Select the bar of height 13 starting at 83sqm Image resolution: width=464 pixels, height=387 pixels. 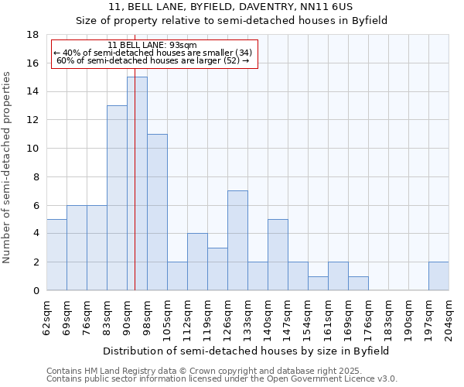(117, 198)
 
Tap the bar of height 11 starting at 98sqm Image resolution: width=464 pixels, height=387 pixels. (157, 212)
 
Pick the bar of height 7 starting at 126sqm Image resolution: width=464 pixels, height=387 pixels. (237, 241)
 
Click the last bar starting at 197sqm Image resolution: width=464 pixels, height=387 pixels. (438, 276)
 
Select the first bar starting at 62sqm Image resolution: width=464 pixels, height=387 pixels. (56, 255)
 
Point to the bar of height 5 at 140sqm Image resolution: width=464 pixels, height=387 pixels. (278, 255)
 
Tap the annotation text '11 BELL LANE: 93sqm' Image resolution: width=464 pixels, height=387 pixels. (152, 45)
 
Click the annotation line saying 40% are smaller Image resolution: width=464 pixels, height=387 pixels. (152, 53)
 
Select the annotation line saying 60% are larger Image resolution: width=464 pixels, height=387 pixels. (152, 60)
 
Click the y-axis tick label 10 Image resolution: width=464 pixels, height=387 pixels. (32, 149)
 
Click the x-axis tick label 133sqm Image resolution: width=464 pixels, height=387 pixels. (247, 318)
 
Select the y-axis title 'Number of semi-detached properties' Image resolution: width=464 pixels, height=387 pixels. (8, 167)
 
